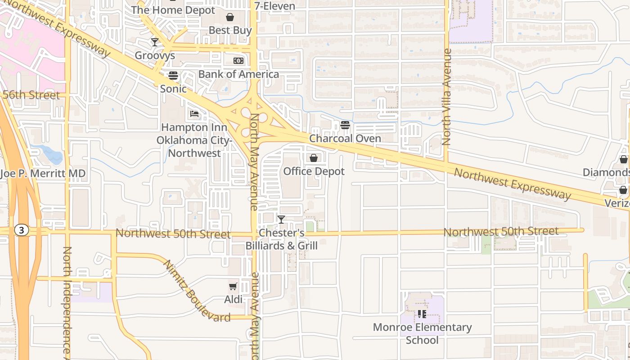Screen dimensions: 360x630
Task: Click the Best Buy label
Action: [x=230, y=30]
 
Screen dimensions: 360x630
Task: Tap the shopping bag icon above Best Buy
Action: [x=230, y=17]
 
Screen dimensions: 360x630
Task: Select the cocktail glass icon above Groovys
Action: [x=155, y=42]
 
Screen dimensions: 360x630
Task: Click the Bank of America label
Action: [x=238, y=74]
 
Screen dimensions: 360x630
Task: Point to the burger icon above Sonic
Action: [x=173, y=75]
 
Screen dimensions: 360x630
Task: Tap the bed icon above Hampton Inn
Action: [x=194, y=114]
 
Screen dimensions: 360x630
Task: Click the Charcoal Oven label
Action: [x=345, y=138]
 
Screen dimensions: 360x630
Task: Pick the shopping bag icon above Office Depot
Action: [x=314, y=158]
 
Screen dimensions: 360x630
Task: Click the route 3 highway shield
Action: [x=21, y=230]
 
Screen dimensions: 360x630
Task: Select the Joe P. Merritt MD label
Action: [x=43, y=173]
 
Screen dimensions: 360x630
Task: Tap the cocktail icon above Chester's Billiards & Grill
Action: [x=281, y=220]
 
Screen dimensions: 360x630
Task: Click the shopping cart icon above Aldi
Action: [x=233, y=286]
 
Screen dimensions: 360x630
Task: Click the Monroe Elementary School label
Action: [x=422, y=333]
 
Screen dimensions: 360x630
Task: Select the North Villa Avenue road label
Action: [x=447, y=97]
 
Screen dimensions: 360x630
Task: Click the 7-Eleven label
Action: [x=274, y=6]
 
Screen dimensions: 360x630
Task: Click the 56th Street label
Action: [x=31, y=95]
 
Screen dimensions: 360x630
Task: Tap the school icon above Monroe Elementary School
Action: [x=422, y=314]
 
